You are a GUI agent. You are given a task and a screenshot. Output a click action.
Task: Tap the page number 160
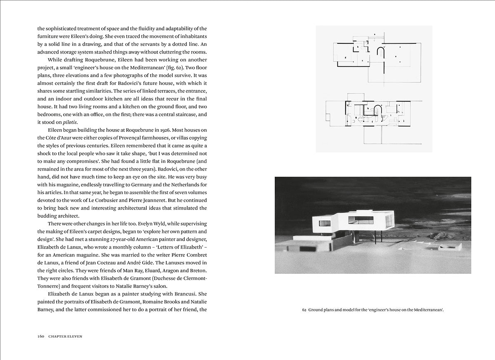tap(41, 336)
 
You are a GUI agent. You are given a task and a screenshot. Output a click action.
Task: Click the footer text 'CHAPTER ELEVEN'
tap(65, 336)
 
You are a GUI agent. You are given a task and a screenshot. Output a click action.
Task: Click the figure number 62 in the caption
tap(304, 310)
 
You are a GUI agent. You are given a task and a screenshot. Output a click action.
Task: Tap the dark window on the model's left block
tap(325, 223)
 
